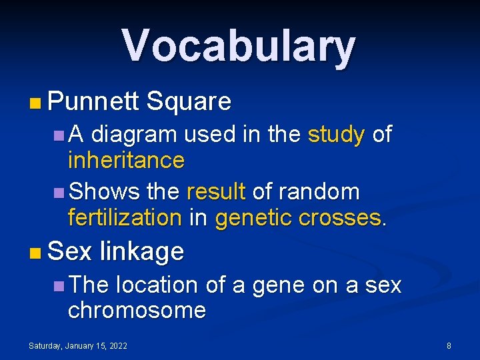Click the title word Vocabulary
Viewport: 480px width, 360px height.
tap(239, 45)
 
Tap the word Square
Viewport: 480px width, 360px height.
tap(189, 101)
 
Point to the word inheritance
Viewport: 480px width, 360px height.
tap(126, 160)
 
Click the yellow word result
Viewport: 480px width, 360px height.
tap(217, 192)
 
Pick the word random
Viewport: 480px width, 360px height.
tap(319, 192)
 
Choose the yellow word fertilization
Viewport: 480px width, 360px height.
tap(125, 217)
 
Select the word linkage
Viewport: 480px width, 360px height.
tap(141, 251)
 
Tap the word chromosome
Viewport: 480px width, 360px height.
tap(137, 310)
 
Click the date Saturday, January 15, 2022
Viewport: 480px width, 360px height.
tap(78, 345)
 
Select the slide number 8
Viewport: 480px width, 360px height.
tap(449, 345)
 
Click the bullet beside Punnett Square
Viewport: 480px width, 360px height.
tap(35, 103)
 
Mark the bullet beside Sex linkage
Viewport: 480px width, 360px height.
tap(35, 253)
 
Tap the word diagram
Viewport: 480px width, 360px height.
tap(134, 135)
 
